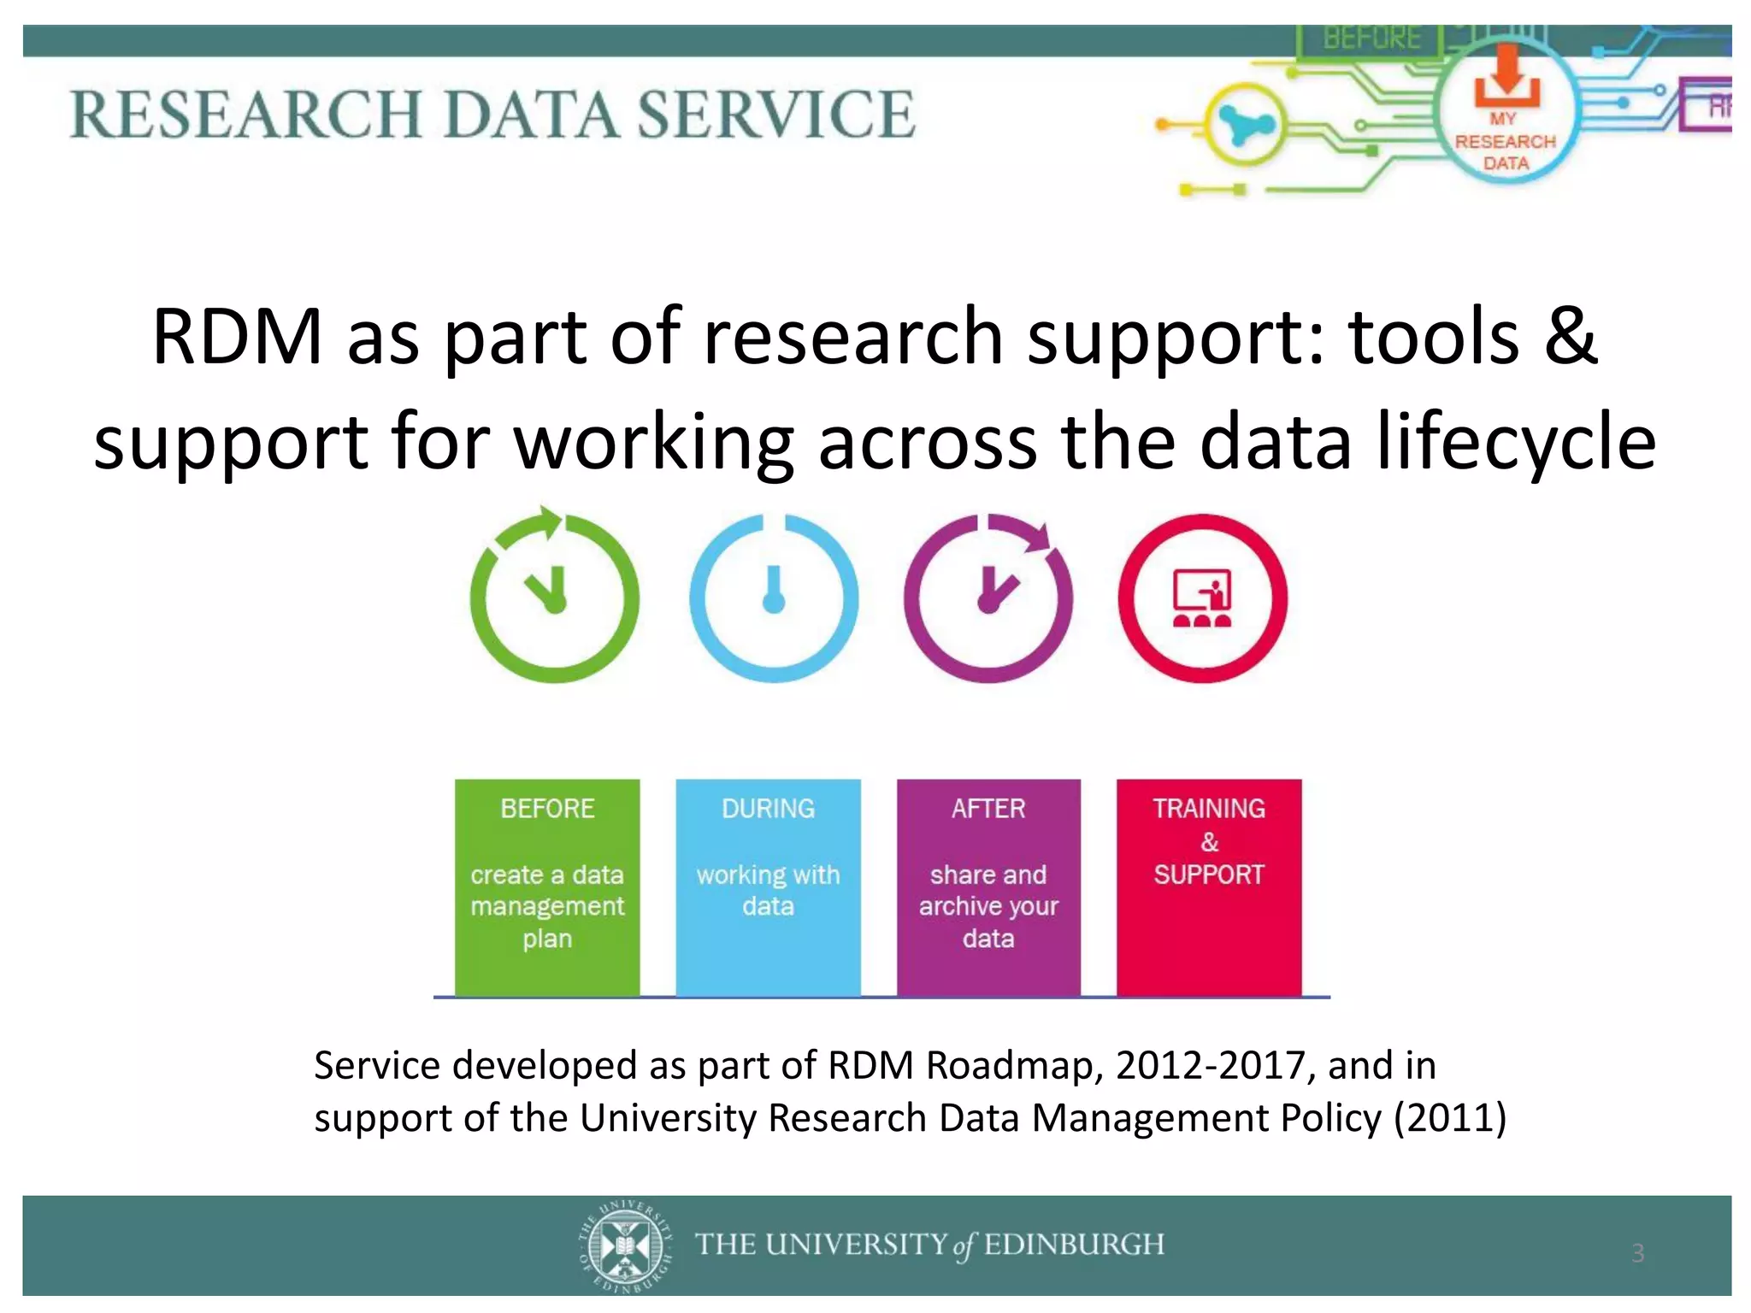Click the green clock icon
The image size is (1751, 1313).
[x=554, y=598]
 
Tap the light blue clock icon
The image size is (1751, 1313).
[x=774, y=598]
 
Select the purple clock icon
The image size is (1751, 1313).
[x=988, y=598]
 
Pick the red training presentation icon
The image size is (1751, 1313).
[x=1202, y=598]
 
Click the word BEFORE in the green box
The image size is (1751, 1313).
[x=547, y=808]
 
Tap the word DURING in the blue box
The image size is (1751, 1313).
[x=768, y=808]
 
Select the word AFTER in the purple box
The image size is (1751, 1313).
[x=988, y=808]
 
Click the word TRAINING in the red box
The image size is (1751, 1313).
[x=1209, y=808]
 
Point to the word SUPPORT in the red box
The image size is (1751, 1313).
[x=1209, y=874]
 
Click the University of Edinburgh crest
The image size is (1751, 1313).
[x=626, y=1245]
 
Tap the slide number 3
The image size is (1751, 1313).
[x=1638, y=1253]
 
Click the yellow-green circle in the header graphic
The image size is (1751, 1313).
[x=1245, y=125]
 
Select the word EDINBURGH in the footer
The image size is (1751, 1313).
[x=1074, y=1245]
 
